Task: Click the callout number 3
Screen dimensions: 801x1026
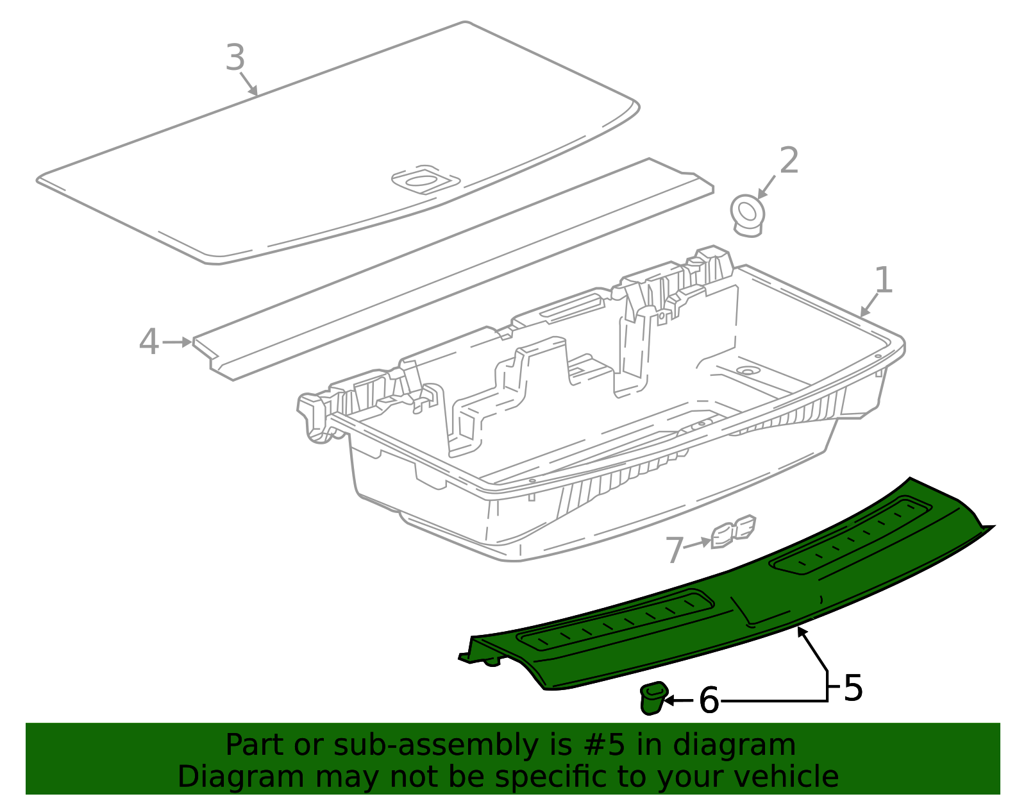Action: (x=235, y=58)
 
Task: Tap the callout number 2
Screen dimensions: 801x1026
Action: (x=789, y=160)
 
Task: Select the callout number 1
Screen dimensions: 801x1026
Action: (x=884, y=280)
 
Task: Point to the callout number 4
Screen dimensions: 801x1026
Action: (x=149, y=342)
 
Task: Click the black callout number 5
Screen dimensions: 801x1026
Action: (x=853, y=688)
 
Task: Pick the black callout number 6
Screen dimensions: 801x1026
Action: (x=709, y=700)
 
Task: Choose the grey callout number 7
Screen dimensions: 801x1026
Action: (x=675, y=550)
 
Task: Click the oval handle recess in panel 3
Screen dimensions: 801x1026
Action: (x=420, y=181)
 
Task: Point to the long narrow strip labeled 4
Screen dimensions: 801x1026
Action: (x=449, y=269)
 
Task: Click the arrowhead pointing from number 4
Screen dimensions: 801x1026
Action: (x=187, y=342)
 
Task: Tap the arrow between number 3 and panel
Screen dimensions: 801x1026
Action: (x=249, y=84)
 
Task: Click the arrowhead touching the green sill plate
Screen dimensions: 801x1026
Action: (x=802, y=632)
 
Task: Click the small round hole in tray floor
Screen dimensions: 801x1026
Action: (x=748, y=371)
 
